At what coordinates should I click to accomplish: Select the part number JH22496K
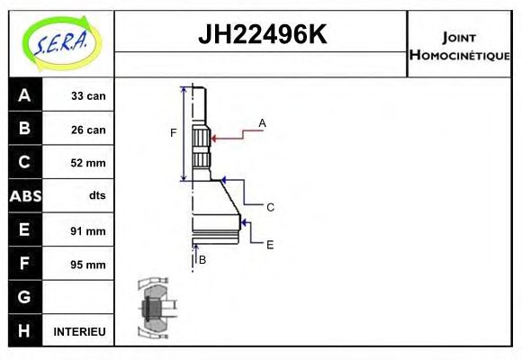(261, 35)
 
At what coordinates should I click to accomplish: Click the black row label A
(24, 95)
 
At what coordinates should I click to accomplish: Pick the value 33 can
(89, 95)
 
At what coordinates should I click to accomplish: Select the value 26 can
(89, 130)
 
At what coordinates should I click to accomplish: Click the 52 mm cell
(89, 163)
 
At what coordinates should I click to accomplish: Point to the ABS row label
(24, 196)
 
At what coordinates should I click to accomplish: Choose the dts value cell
(97, 196)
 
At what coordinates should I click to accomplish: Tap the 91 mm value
(89, 230)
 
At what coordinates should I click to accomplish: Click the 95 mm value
(89, 265)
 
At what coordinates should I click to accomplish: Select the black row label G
(24, 297)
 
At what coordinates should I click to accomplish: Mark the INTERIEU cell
(80, 332)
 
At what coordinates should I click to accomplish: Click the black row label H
(24, 331)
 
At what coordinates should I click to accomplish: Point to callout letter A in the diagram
(263, 122)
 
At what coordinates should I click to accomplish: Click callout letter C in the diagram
(270, 207)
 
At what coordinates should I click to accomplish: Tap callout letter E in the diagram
(270, 244)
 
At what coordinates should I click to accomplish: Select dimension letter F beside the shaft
(174, 133)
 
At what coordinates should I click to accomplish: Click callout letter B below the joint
(202, 259)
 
